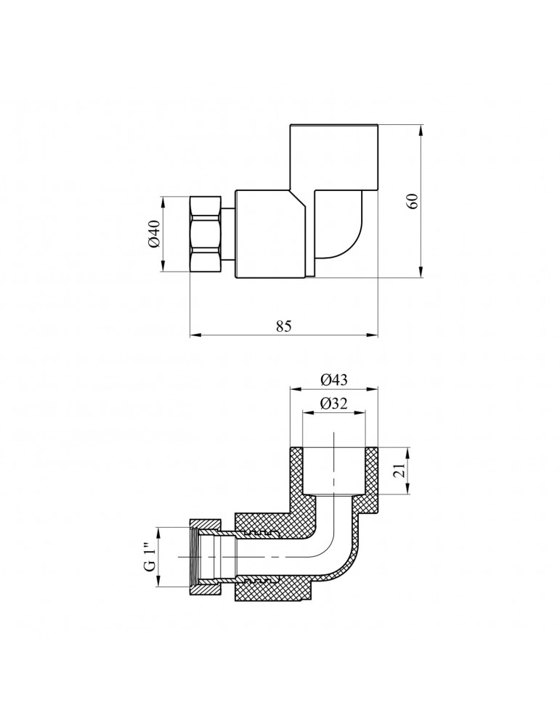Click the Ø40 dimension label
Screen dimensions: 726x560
pos(153,234)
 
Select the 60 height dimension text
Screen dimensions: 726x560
pos(413,201)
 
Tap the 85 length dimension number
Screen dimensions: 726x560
pos(283,326)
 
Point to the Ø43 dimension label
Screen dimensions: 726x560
pos(333,378)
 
